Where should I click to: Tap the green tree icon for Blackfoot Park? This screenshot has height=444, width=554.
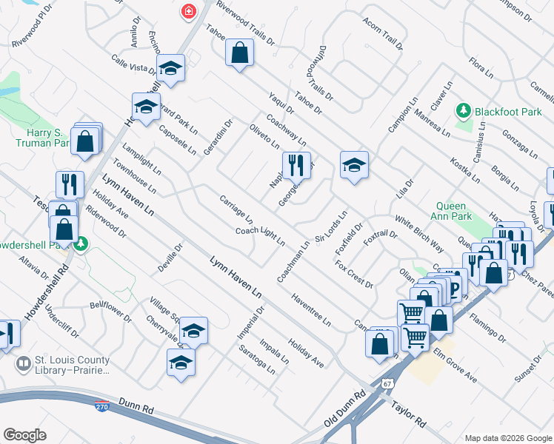464,110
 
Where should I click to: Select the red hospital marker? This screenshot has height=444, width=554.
188,11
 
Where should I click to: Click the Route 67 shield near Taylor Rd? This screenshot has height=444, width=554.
387,384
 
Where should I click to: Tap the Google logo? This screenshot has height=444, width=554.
25,434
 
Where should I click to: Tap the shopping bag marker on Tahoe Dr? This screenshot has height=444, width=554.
239,53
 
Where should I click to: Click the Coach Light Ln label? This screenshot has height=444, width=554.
260,235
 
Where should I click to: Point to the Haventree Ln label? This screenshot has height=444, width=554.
310,309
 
